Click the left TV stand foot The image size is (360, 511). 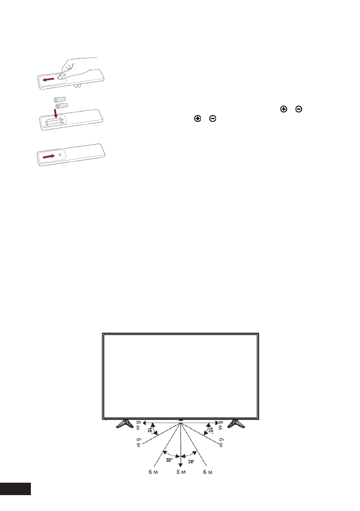click(x=126, y=424)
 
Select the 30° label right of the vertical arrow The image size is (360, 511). click(x=191, y=461)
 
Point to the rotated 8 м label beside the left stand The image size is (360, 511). click(x=138, y=425)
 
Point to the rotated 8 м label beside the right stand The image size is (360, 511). click(x=221, y=425)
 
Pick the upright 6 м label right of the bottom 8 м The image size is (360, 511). click(x=207, y=472)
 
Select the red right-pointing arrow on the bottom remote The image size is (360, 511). click(x=49, y=157)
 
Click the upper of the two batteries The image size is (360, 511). click(x=59, y=99)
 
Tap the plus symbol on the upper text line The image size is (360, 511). click(x=283, y=110)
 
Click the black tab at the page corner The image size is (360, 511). click(x=15, y=488)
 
